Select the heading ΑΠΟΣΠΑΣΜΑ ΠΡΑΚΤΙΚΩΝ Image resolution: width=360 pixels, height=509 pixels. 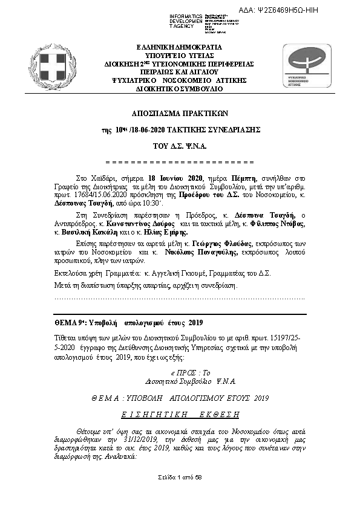click(180, 113)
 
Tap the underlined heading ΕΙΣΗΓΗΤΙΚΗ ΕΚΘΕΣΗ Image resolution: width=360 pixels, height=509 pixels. click(180, 414)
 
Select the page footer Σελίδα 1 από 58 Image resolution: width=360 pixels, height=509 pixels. click(180, 478)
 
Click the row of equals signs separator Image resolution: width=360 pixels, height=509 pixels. click(180, 163)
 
